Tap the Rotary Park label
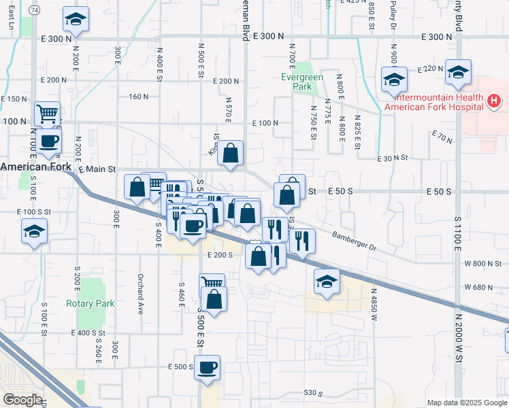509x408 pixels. (x=91, y=303)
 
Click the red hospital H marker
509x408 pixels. (x=495, y=102)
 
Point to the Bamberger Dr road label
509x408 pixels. (x=354, y=241)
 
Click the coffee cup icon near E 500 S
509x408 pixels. (x=207, y=367)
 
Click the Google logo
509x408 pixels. (x=22, y=400)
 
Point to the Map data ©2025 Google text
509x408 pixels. (x=466, y=403)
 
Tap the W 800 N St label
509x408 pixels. (x=483, y=263)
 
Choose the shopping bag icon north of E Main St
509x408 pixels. (x=231, y=154)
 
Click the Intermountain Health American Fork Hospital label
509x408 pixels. (x=434, y=102)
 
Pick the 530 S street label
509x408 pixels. (x=313, y=393)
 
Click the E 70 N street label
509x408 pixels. (x=442, y=139)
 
